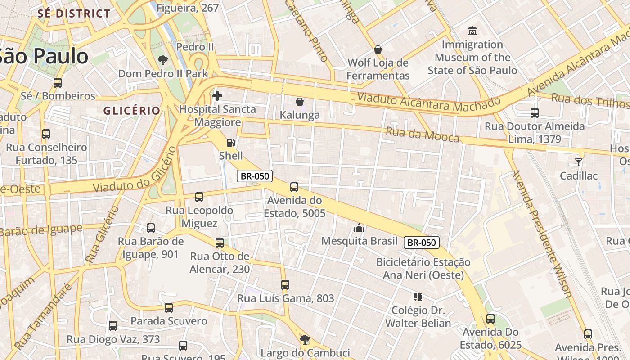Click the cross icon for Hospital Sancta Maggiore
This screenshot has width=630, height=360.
tap(217, 95)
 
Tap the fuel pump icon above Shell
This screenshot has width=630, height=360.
tap(230, 143)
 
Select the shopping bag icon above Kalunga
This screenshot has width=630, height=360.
tap(299, 102)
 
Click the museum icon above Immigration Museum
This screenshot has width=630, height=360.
tap(472, 31)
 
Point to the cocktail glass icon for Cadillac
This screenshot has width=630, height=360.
tap(579, 162)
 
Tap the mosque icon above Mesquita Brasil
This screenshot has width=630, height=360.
tap(359, 227)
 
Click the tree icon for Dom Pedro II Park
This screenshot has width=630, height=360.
tap(162, 60)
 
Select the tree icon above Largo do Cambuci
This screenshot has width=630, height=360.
tap(305, 339)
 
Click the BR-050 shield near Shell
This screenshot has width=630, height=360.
tap(255, 176)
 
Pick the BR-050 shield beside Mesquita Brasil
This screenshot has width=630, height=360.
tap(421, 243)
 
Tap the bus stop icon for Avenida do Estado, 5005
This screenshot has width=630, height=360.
tap(294, 187)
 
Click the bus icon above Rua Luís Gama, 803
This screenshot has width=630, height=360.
tap(285, 284)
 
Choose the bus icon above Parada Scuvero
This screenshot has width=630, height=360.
tap(169, 308)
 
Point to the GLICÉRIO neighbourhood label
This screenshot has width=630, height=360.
tap(132, 111)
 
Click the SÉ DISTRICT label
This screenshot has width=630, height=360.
tap(74, 13)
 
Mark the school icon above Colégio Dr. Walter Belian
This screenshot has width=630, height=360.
tap(418, 297)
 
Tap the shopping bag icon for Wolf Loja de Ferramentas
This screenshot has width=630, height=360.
tap(378, 49)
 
